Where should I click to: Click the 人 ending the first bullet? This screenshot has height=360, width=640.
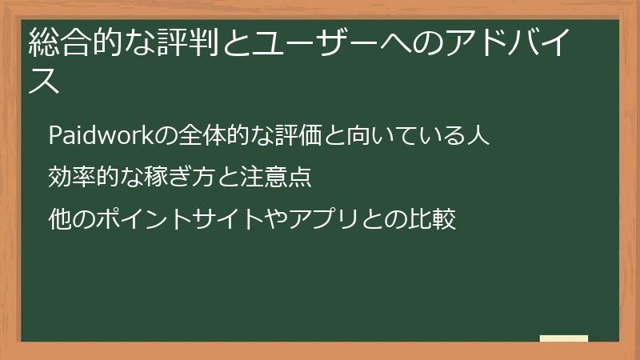pyautogui.click(x=478, y=136)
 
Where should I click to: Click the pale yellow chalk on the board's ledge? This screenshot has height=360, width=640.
pyautogui.click(x=564, y=338)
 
